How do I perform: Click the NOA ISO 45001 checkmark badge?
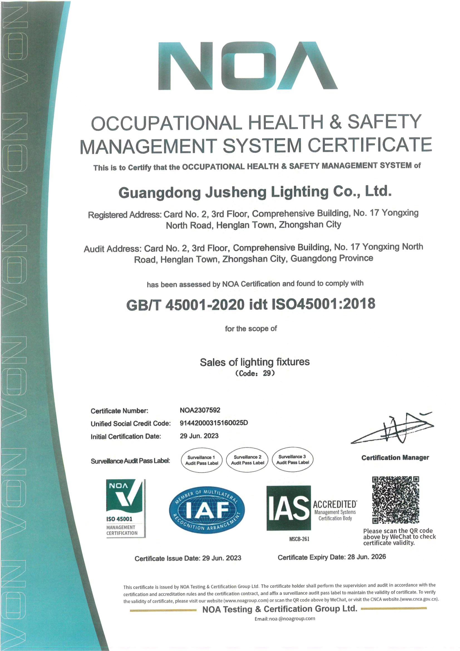click(126, 508)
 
